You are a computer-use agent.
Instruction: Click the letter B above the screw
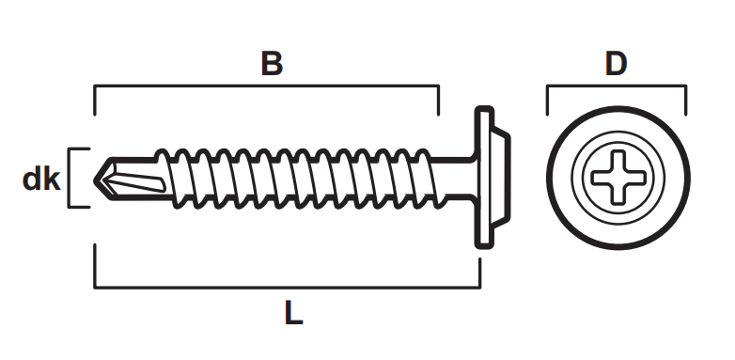point(272,64)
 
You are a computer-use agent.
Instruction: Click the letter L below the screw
point(294,313)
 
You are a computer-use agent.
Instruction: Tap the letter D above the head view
point(616,64)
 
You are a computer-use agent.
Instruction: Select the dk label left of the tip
point(41,179)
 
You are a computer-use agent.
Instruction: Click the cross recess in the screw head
point(618,178)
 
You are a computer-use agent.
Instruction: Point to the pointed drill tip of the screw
point(94,180)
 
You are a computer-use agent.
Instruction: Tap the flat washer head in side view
point(484,178)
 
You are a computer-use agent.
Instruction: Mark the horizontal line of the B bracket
point(267,86)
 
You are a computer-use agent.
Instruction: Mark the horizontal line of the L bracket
point(288,287)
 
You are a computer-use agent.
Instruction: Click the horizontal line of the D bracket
point(617,86)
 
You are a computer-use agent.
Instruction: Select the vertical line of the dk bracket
point(70,178)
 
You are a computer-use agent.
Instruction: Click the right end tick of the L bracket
point(480,273)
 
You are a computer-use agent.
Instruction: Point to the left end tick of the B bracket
point(95,101)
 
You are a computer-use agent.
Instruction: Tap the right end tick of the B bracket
point(438,101)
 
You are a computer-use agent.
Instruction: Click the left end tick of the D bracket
point(548,101)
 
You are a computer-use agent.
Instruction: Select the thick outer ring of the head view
point(618,108)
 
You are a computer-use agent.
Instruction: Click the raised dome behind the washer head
point(502,178)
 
